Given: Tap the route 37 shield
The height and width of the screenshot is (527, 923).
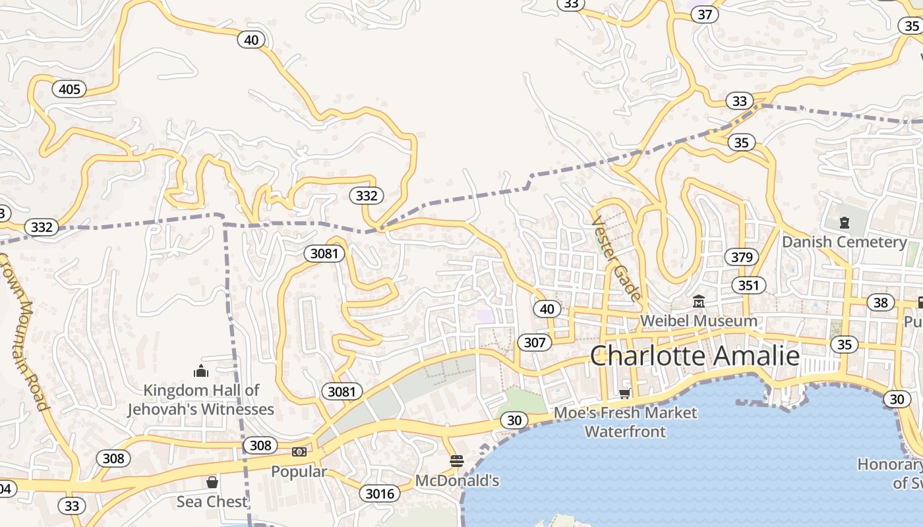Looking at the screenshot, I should pyautogui.click(x=705, y=14).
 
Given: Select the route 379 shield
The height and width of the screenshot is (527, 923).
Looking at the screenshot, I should pyautogui.click(x=742, y=257).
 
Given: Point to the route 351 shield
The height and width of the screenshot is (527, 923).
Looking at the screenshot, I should pyautogui.click(x=748, y=285).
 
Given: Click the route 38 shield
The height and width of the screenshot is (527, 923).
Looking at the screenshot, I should pyautogui.click(x=881, y=302).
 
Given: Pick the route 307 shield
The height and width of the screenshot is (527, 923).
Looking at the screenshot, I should pyautogui.click(x=535, y=342).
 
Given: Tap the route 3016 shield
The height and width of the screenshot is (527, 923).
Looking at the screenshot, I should pyautogui.click(x=380, y=493).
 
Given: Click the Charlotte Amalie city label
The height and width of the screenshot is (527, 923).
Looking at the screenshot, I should pyautogui.click(x=694, y=356).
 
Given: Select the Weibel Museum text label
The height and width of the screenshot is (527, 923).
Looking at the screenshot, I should pyautogui.click(x=699, y=321).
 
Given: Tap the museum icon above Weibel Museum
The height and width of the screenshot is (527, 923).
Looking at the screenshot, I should pyautogui.click(x=699, y=302).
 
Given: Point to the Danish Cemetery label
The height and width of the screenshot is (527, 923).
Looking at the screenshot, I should pyautogui.click(x=844, y=242).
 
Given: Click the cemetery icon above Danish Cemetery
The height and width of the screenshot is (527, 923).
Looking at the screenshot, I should pyautogui.click(x=844, y=223).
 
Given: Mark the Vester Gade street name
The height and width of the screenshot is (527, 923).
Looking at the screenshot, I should pyautogui.click(x=616, y=259).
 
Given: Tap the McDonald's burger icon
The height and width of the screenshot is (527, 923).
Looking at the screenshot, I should pyautogui.click(x=457, y=460).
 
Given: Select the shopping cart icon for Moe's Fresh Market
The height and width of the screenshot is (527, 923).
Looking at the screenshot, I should pyautogui.click(x=624, y=394).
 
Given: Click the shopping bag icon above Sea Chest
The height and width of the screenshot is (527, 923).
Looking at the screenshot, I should pyautogui.click(x=212, y=482).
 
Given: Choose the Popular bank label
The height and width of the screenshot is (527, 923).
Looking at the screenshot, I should pyautogui.click(x=299, y=472).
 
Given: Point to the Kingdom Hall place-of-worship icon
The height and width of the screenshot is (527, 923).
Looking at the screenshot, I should pyautogui.click(x=200, y=371).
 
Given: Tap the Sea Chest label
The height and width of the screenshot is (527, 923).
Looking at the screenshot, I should pyautogui.click(x=212, y=501).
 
